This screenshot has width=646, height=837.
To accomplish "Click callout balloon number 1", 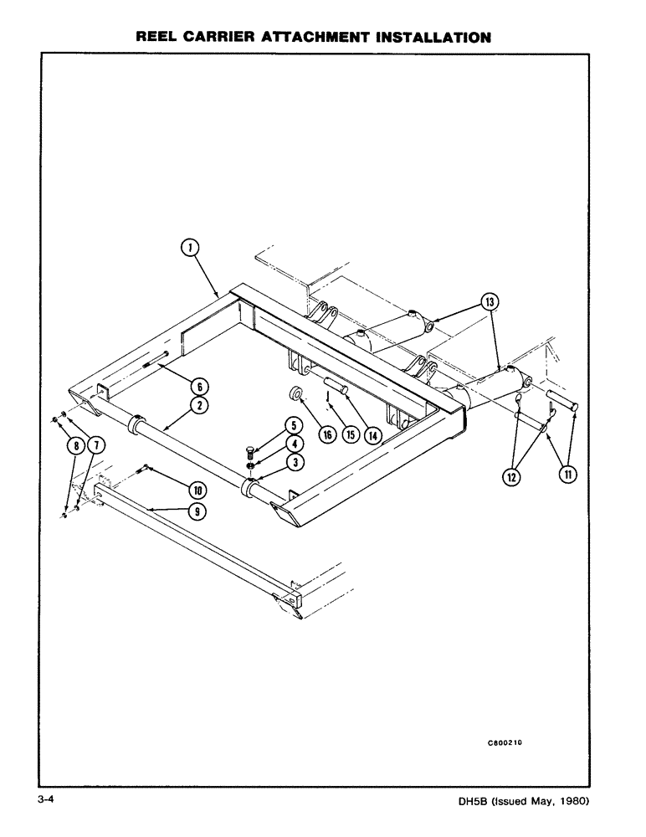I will [191, 247].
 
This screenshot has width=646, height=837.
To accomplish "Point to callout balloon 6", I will [199, 386].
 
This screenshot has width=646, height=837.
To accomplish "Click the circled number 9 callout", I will [197, 511].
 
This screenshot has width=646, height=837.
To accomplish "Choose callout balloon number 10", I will [197, 488].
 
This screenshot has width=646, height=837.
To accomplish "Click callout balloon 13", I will [489, 300].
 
